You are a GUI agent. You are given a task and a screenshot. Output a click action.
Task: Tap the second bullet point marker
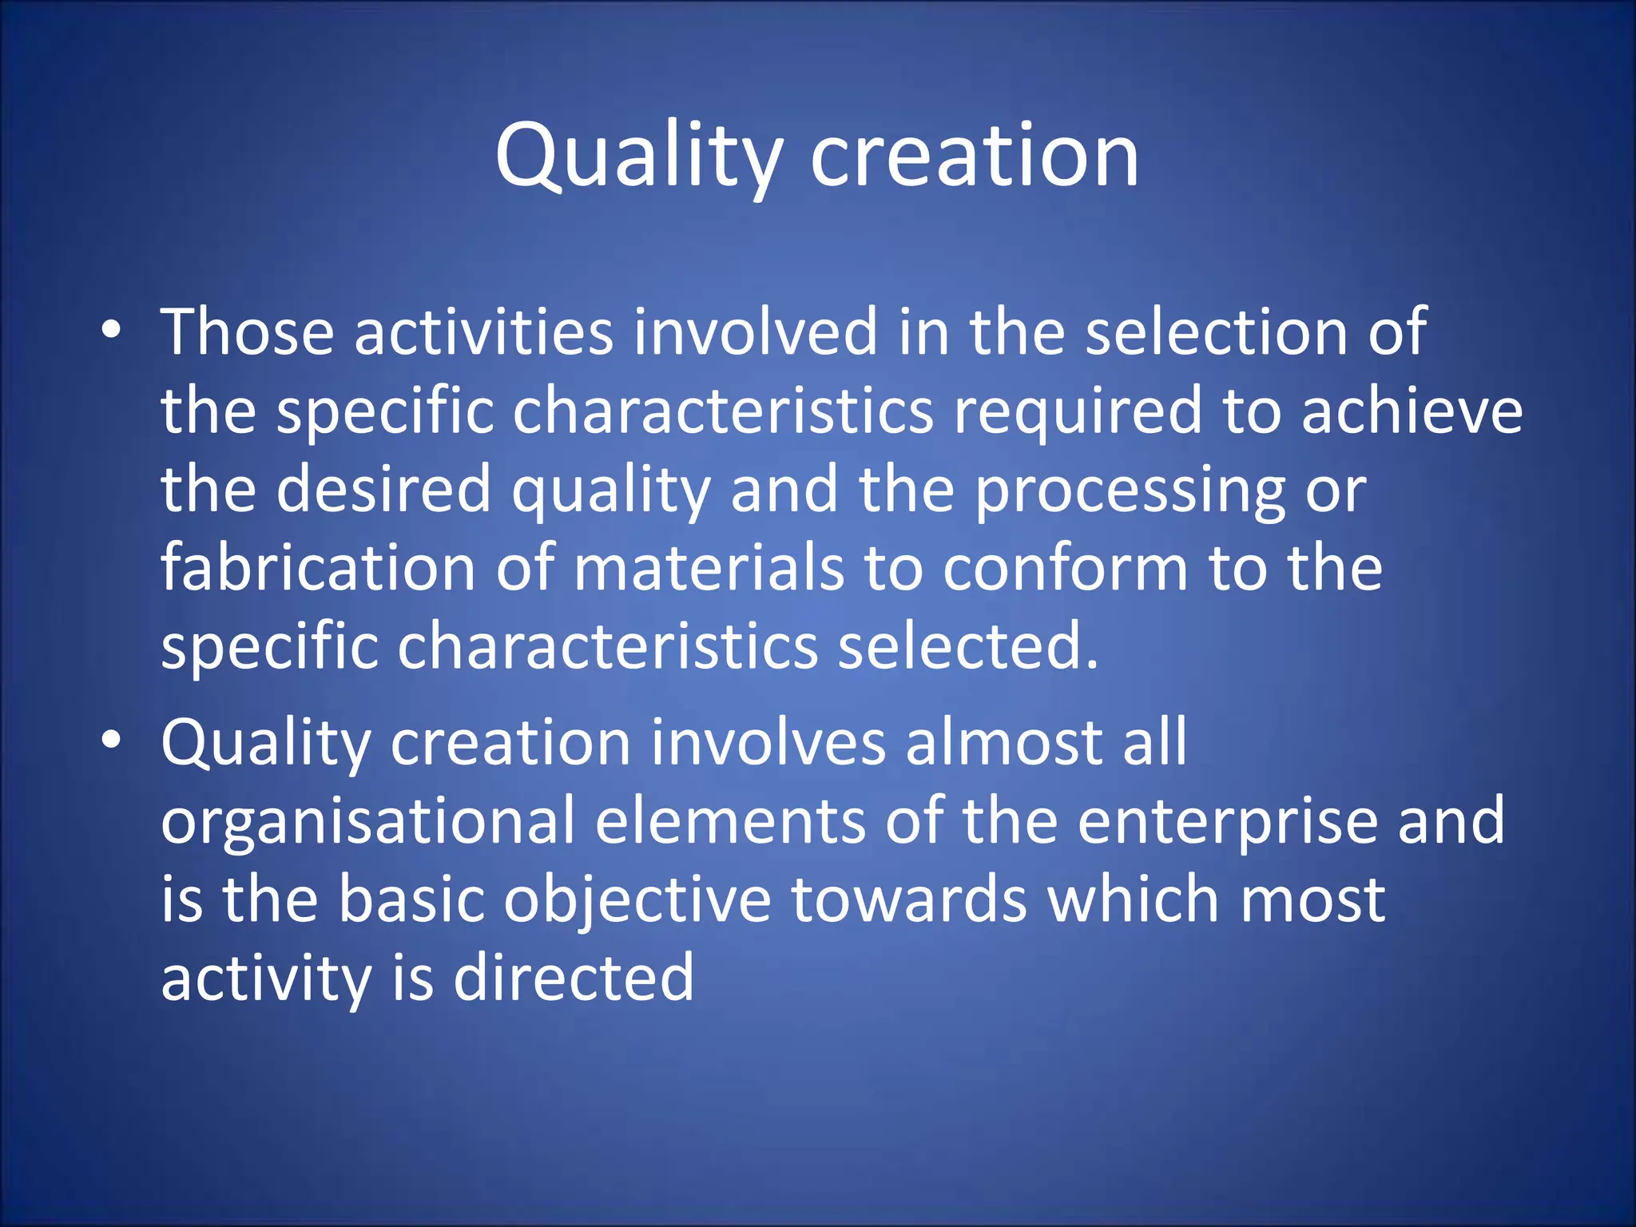click(111, 741)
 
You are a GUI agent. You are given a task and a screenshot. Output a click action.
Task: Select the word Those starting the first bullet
click(248, 332)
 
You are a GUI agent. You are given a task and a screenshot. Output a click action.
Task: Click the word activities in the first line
click(483, 332)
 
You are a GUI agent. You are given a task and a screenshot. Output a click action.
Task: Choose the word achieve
click(1412, 411)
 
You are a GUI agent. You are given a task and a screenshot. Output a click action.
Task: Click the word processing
click(1130, 491)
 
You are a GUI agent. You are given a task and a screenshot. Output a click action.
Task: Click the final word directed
click(574, 979)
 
